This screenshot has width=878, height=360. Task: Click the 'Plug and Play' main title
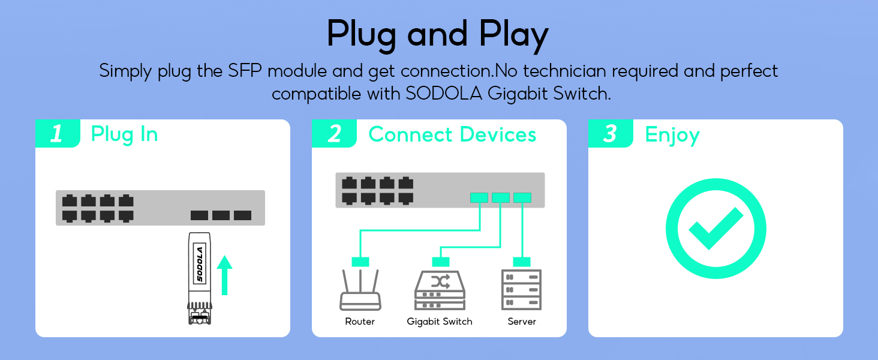438,35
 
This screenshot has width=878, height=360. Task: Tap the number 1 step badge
58,133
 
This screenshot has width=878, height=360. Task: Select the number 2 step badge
334,133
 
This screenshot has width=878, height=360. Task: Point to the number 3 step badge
611,133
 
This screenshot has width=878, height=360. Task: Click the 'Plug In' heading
124,135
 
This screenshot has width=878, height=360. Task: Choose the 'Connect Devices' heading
452,134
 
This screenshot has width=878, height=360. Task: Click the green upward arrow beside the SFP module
224,275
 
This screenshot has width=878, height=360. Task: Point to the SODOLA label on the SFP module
200,264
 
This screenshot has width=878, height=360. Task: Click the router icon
360,290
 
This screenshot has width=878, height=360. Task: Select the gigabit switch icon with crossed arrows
440,290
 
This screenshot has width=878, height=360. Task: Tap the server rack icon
521,289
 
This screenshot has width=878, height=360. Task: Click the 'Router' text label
360,322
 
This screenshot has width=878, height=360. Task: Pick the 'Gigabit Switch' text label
440,322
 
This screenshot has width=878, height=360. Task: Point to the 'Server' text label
522,322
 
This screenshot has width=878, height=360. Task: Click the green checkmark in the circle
716,228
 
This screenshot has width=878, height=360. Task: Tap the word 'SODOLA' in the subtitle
444,94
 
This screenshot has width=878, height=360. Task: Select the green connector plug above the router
360,262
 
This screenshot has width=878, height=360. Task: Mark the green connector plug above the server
522,262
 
